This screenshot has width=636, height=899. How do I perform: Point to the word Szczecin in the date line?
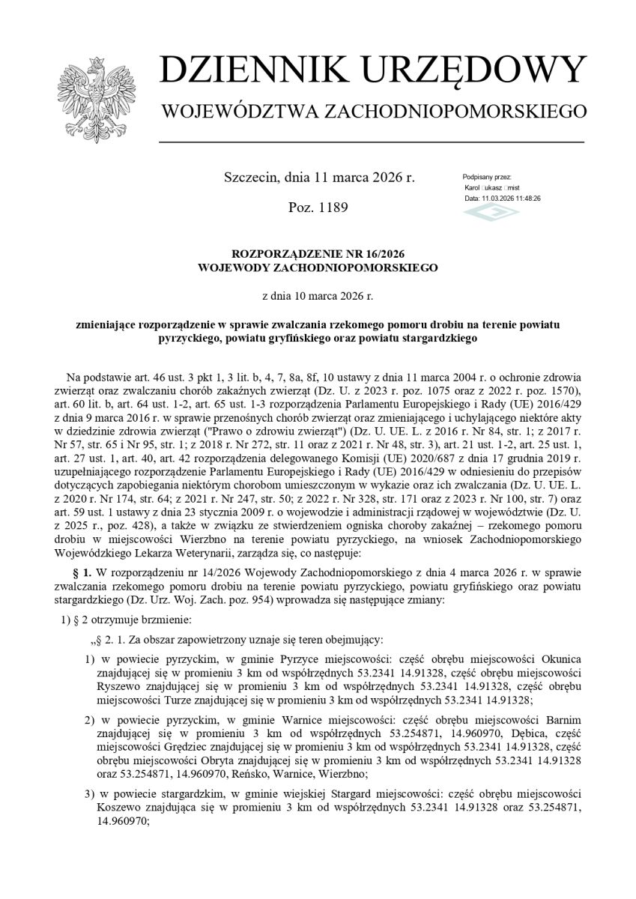252,178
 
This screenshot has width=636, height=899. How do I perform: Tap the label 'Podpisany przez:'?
487,176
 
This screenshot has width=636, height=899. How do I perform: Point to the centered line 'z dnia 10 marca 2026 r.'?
318,297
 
